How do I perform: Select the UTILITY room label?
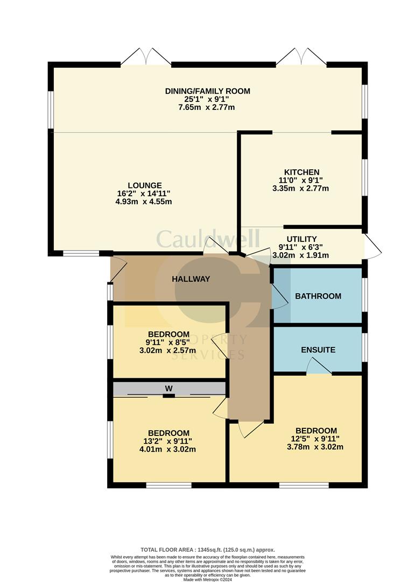point(301,239)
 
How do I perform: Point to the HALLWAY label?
point(191,279)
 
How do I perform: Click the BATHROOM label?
point(318,296)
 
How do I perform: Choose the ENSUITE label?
point(318,350)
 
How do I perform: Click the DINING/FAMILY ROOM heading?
point(207,91)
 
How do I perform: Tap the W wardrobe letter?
point(169,388)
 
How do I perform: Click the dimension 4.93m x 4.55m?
point(143,202)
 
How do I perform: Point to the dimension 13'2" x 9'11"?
point(168,441)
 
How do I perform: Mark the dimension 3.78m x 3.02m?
point(315,447)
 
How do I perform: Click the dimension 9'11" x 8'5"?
point(168,342)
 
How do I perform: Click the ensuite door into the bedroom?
point(318,366)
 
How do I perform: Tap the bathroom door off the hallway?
point(280,296)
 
